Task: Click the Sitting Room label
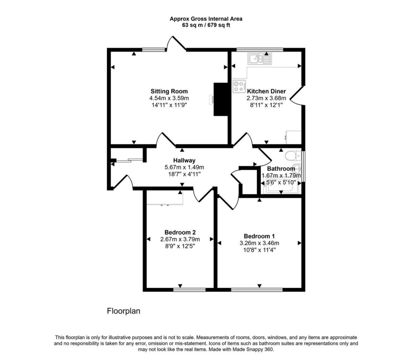click(169, 91)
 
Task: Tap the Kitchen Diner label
click(266, 91)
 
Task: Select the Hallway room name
click(184, 160)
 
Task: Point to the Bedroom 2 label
click(180, 232)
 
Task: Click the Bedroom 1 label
click(259, 236)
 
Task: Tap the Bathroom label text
click(281, 169)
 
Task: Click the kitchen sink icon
click(260, 59)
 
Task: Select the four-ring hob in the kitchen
click(239, 86)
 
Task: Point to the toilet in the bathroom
click(293, 156)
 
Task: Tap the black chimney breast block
click(221, 99)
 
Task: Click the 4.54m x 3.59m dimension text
click(169, 98)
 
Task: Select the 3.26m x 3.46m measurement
click(260, 243)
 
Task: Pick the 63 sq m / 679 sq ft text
click(206, 25)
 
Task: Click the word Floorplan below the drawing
click(124, 311)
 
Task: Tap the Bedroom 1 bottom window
click(257, 290)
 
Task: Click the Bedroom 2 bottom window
click(190, 290)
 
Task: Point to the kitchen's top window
click(260, 49)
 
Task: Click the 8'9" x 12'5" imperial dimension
click(180, 246)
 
